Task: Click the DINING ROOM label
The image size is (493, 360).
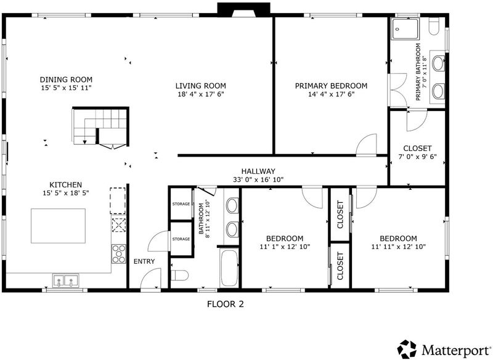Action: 66,80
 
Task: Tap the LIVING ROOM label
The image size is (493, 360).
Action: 201,86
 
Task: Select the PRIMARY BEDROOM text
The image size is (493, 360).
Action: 331,86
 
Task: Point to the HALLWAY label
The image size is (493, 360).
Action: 258,171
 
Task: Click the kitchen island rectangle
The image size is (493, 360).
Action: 58,226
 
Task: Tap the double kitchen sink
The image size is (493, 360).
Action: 65,280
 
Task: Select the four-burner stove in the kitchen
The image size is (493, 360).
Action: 119,253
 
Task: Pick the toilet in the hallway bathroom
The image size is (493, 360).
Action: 179,275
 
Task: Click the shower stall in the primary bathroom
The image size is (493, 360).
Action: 405,29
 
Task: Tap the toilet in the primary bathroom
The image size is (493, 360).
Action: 434,27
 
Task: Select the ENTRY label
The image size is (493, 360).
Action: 144,261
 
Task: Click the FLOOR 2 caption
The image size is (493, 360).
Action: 226,304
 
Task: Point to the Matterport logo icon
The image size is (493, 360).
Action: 407,349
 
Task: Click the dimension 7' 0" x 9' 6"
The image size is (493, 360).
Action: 418,157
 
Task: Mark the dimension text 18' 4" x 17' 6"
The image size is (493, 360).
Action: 201,94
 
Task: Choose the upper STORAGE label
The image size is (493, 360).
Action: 181,204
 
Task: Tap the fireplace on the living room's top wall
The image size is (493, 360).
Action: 243,9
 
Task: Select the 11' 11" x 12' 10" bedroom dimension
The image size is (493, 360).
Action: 398,247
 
